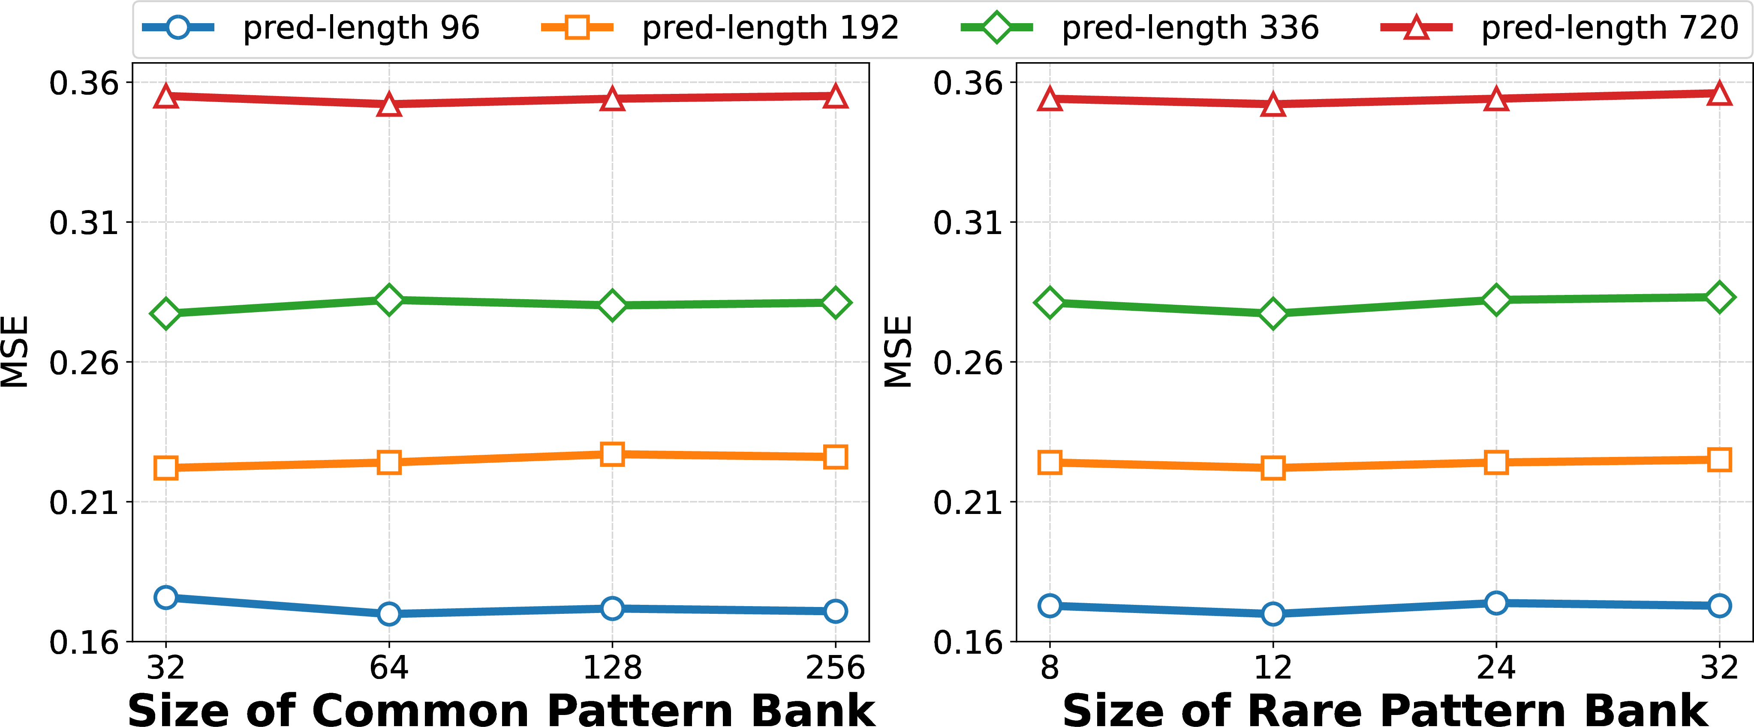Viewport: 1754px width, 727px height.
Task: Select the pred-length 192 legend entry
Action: [x=720, y=28]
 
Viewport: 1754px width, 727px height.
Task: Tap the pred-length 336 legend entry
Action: [x=1139, y=28]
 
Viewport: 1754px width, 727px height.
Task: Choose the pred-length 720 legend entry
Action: [x=1559, y=28]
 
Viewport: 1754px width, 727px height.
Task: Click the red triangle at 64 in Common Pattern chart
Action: [x=389, y=104]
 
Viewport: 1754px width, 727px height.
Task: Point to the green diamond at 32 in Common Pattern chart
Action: [x=165, y=313]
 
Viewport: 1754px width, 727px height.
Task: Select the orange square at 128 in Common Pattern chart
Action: [x=612, y=454]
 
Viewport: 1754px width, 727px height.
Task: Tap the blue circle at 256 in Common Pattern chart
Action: [x=836, y=610]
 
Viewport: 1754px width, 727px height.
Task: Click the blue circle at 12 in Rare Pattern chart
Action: [x=1273, y=613]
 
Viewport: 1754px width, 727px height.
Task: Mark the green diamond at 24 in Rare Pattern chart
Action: [x=1496, y=300]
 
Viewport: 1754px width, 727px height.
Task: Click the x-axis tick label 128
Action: [x=612, y=668]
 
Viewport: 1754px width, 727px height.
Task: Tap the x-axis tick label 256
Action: [x=836, y=668]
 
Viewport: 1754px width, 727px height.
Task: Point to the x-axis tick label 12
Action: [x=1273, y=668]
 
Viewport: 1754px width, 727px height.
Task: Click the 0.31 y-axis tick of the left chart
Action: [x=84, y=222]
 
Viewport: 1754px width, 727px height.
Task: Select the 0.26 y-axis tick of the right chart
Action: [x=968, y=362]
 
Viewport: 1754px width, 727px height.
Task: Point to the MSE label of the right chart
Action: [x=898, y=352]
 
